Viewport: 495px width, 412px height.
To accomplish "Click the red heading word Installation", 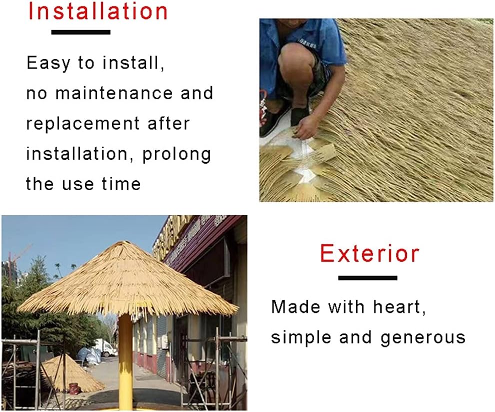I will click(98, 11).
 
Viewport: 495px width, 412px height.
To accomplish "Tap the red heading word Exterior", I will click(369, 254).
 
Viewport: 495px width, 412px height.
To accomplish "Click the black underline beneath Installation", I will click(80, 32).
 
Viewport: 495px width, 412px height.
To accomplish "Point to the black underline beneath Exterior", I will click(367, 277).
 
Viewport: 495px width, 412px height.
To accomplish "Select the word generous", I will click(423, 337).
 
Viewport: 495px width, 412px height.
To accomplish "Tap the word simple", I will click(301, 337).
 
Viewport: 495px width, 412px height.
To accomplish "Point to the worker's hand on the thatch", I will click(305, 131).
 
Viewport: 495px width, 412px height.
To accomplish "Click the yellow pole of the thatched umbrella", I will click(125, 360).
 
